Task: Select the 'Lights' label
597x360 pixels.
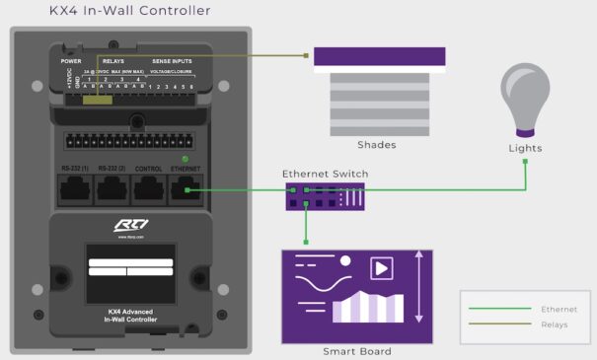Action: (x=525, y=148)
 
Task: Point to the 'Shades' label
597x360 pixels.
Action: (x=378, y=145)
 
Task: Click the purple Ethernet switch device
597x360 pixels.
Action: (x=325, y=195)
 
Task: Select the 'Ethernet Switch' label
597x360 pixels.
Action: (x=325, y=174)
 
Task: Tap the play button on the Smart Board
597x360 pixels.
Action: (x=381, y=268)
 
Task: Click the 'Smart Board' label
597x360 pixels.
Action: (x=356, y=351)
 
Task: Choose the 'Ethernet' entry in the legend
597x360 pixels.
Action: (x=560, y=309)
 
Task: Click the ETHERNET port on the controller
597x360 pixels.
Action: (x=186, y=187)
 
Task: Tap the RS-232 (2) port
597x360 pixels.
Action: (x=112, y=187)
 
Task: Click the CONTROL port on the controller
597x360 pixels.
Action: (x=149, y=187)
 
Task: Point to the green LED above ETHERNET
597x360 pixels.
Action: (x=185, y=159)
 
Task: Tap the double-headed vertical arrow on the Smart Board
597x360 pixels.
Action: (x=420, y=287)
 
